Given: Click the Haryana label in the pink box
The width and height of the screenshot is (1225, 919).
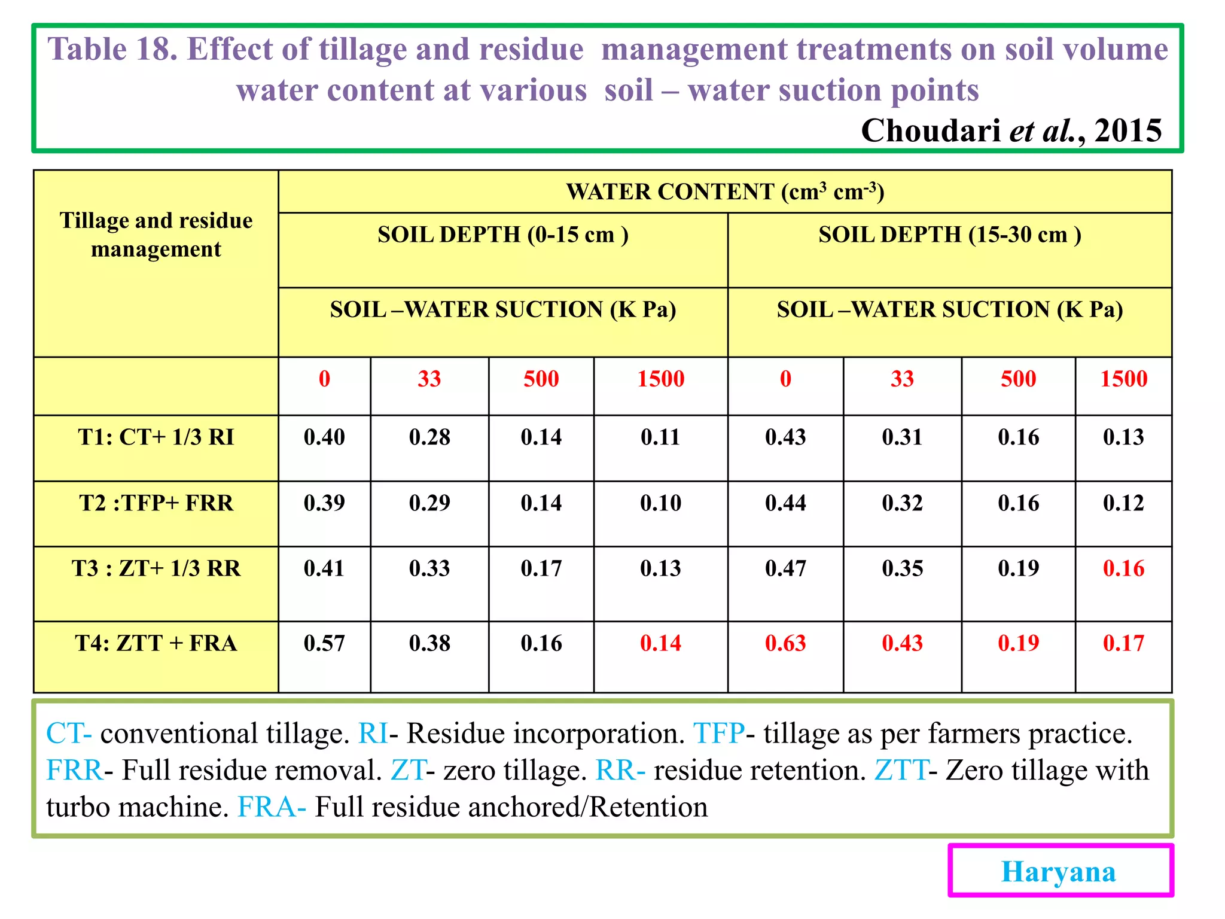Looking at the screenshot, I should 1058,871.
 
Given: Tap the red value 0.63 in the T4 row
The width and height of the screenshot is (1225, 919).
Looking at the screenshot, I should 785,643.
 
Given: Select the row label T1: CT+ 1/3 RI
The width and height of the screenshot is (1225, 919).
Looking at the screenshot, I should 156,437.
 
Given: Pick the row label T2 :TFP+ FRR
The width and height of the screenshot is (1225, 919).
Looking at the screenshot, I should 156,503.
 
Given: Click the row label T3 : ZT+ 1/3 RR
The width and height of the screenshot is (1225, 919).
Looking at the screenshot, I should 156,568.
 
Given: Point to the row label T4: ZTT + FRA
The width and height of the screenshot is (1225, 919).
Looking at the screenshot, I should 156,643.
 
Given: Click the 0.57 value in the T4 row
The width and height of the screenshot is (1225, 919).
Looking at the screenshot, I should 324,643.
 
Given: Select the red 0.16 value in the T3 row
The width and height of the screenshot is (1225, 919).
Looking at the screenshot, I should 1123,568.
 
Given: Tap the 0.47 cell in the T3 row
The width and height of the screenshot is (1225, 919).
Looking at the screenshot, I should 785,568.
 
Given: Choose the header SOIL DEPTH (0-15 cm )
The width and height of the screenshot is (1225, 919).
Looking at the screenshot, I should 503,235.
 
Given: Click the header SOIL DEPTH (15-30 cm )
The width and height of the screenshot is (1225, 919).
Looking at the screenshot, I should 950,235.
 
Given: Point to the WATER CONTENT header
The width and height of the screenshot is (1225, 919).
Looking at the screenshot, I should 725,191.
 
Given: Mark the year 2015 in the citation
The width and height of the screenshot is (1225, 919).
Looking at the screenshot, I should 1128,130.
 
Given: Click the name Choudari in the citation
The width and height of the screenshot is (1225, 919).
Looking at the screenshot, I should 931,130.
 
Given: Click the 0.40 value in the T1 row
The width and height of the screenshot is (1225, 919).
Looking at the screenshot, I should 324,437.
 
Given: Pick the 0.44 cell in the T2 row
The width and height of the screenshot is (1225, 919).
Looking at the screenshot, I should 785,503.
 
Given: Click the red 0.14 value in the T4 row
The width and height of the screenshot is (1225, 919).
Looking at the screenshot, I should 660,643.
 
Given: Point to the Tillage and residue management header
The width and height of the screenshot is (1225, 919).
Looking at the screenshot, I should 156,235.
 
